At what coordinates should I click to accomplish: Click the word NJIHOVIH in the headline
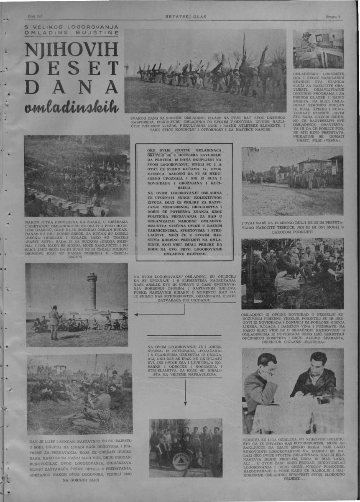coord(71,50)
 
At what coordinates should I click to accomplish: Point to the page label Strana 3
coord(333,16)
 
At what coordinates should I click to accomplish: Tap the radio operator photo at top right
coord(318,48)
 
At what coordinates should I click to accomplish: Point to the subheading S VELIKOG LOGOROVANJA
coord(71,27)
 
